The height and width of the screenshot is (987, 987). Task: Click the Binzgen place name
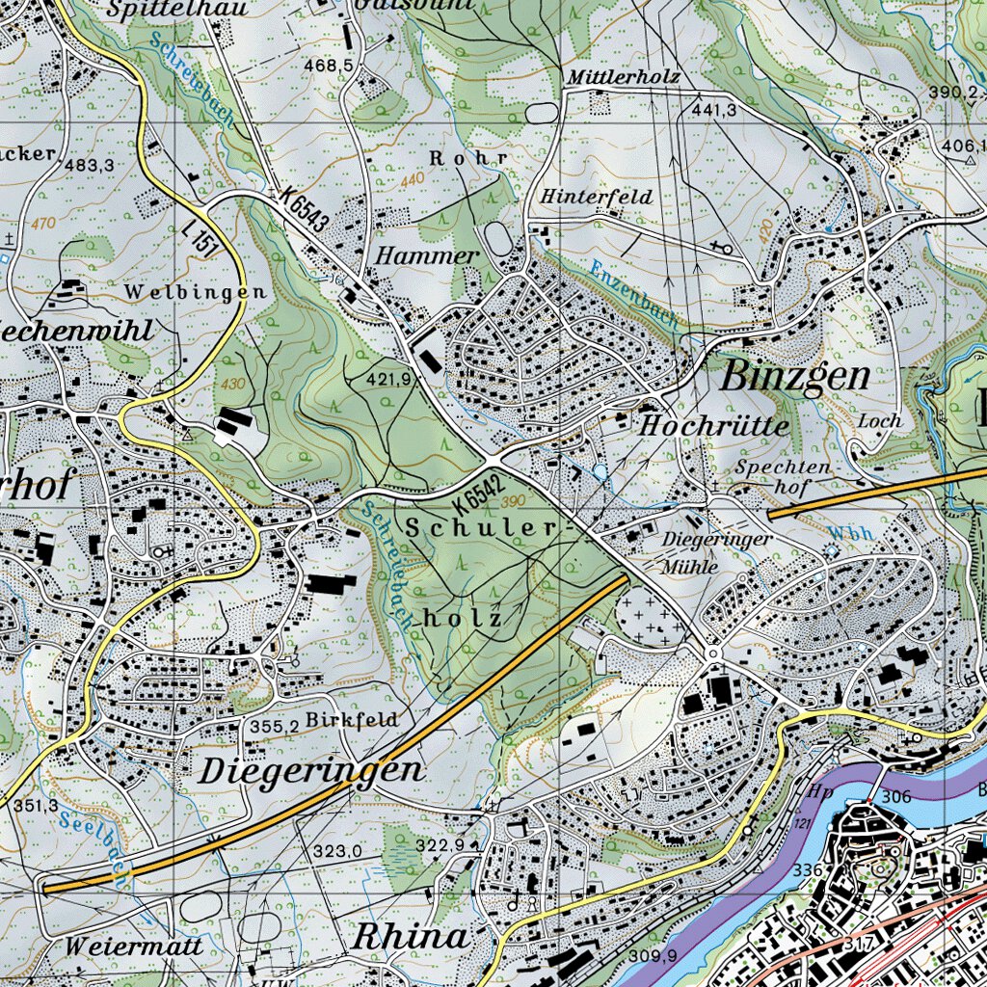coord(795,377)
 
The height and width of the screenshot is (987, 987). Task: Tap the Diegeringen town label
coord(311,770)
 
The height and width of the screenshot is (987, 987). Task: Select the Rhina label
coord(411,936)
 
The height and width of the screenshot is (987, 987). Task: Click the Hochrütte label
coord(714,425)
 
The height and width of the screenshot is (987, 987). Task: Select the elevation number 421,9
coord(388,380)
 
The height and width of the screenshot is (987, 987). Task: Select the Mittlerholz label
coord(625,77)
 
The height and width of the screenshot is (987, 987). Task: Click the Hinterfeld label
coord(596,197)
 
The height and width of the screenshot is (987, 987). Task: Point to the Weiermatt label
coord(134,947)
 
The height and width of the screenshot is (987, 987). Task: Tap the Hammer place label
coord(426,255)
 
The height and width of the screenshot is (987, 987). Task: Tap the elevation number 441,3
coord(714,110)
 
